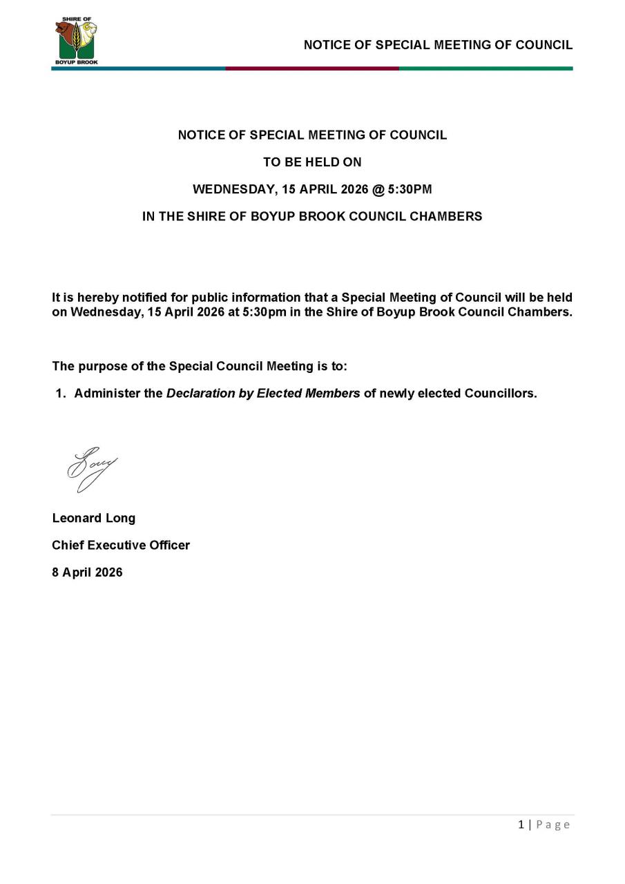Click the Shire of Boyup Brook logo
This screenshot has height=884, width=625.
(x=76, y=42)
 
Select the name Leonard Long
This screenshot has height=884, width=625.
(x=94, y=518)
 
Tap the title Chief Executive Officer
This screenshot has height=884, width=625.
(x=121, y=545)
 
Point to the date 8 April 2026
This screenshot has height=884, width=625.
(x=87, y=573)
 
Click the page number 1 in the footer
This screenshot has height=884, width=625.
(x=521, y=824)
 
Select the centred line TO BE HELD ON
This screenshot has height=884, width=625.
(x=312, y=162)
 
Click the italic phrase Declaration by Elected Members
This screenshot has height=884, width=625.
(x=263, y=394)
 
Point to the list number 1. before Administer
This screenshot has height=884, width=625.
(x=61, y=394)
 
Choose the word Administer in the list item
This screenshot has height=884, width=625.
(x=104, y=394)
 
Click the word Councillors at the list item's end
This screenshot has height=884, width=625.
(x=501, y=394)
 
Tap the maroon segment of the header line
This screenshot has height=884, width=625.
(x=312, y=68)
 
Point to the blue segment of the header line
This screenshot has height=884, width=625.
(x=138, y=68)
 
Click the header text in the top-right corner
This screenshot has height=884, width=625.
(x=438, y=46)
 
